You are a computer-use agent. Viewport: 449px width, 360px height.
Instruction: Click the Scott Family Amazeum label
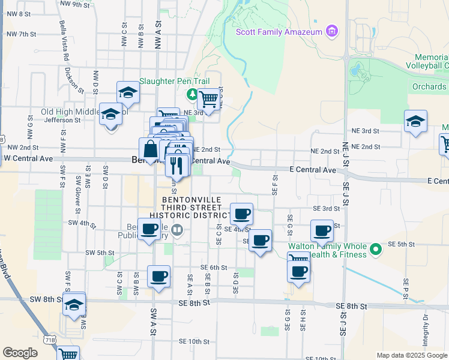[279, 32]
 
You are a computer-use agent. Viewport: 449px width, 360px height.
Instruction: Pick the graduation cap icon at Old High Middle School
[110, 114]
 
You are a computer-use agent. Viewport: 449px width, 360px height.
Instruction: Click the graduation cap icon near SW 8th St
[74, 304]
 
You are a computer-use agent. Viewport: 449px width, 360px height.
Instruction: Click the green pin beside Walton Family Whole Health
[376, 247]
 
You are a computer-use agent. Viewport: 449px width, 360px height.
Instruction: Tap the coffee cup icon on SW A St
[158, 277]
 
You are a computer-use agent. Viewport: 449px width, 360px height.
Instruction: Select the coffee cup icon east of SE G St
[322, 231]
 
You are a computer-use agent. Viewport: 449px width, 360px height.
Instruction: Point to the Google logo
[20, 353]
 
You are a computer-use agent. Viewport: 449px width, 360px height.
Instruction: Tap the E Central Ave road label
[312, 170]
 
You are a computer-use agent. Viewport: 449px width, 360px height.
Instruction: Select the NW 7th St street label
[19, 34]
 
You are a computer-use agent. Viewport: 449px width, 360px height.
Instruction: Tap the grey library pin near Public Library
[176, 230]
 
